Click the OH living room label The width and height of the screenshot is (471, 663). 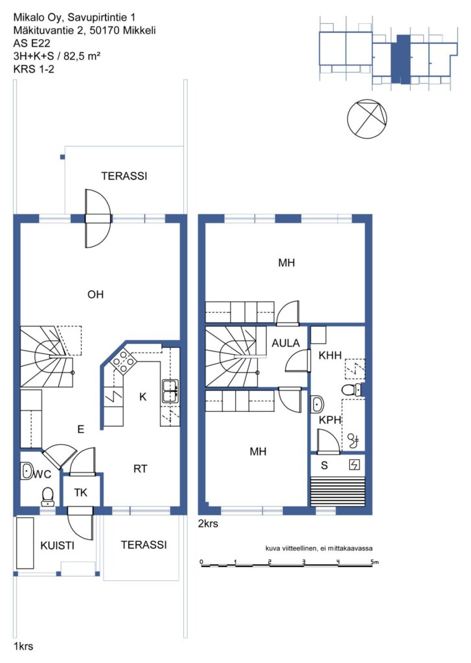95,295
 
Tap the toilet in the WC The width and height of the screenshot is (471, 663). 48,497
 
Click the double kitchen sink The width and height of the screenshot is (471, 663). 170,390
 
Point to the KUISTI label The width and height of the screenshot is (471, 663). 57,545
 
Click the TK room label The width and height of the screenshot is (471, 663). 80,493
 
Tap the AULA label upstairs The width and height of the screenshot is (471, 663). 286,343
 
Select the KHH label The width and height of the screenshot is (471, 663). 330,355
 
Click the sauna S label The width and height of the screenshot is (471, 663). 324,466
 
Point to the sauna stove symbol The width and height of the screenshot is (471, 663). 354,465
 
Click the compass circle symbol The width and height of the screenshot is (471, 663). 367,119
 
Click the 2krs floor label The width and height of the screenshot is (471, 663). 208,523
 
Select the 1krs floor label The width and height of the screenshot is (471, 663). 23,646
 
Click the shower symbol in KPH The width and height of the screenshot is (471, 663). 353,441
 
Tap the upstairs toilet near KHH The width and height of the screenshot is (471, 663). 351,389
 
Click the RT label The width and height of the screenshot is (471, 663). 140,469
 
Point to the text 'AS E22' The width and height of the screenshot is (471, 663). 32,43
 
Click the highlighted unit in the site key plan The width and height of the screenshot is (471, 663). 400,59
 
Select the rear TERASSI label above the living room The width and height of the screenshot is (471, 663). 124,176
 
